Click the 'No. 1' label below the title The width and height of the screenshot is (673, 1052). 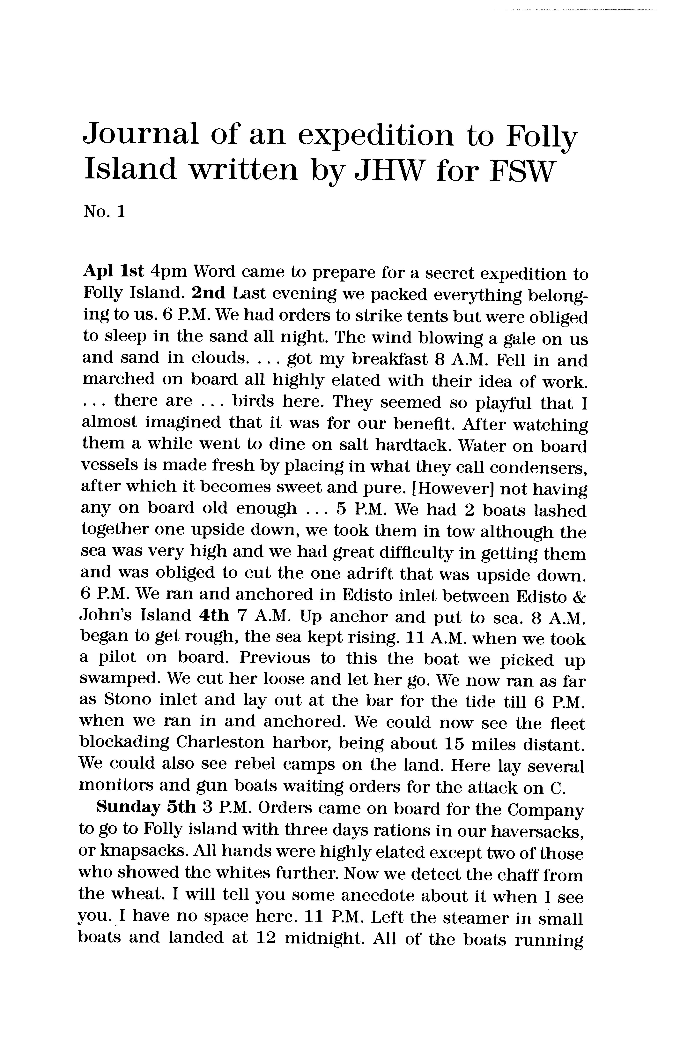[x=104, y=212]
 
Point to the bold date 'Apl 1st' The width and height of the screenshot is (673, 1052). [x=113, y=272]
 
